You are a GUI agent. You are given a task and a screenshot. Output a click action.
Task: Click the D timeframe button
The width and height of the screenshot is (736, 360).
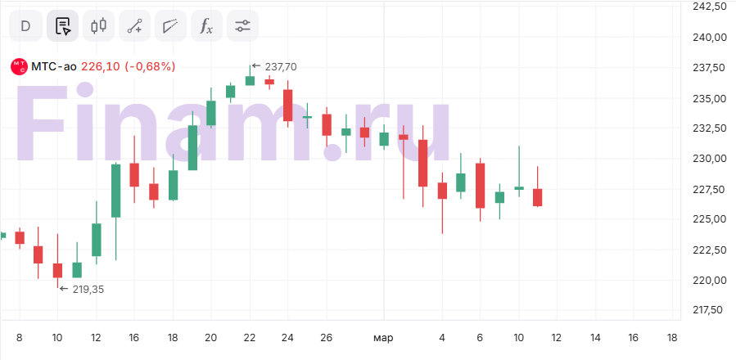click(x=25, y=25)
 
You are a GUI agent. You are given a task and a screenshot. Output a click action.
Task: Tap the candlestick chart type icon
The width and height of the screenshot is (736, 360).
click(x=99, y=25)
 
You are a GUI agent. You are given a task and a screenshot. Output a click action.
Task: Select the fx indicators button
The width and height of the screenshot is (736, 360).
click(x=205, y=25)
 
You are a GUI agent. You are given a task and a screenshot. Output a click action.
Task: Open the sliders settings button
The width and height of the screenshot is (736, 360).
click(x=242, y=25)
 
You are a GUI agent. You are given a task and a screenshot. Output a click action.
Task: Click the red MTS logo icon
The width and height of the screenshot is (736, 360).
click(x=18, y=66)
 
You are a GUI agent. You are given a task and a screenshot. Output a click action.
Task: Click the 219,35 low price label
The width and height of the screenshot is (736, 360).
click(x=88, y=289)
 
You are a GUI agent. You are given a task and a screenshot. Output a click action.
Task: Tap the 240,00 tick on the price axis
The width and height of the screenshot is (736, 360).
click(x=709, y=37)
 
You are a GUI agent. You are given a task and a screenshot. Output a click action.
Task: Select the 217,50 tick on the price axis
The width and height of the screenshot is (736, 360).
click(x=709, y=310)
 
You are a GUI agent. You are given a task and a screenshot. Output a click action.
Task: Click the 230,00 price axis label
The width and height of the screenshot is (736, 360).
click(x=709, y=159)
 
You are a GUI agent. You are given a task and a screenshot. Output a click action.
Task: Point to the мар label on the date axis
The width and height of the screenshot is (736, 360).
click(x=383, y=337)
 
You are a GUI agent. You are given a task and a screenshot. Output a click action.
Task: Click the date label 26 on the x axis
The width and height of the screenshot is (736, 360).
click(x=326, y=337)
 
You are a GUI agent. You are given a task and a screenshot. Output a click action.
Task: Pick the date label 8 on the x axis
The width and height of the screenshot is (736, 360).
click(x=19, y=337)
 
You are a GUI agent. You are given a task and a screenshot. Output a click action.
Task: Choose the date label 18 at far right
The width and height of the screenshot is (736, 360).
click(x=671, y=337)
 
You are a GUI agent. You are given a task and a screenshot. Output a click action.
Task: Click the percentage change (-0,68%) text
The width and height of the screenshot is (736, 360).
click(x=150, y=66)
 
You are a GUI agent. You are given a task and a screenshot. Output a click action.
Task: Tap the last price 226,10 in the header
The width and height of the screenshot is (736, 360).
click(x=101, y=66)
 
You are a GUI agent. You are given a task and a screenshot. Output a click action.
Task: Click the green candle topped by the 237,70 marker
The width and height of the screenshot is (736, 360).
click(x=250, y=80)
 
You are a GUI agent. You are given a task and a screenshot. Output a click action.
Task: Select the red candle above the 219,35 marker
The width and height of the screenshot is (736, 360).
click(x=57, y=270)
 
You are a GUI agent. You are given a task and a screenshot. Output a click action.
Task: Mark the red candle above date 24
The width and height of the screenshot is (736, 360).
click(x=288, y=106)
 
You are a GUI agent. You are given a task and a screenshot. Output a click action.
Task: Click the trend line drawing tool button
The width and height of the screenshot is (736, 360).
click(x=135, y=25)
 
